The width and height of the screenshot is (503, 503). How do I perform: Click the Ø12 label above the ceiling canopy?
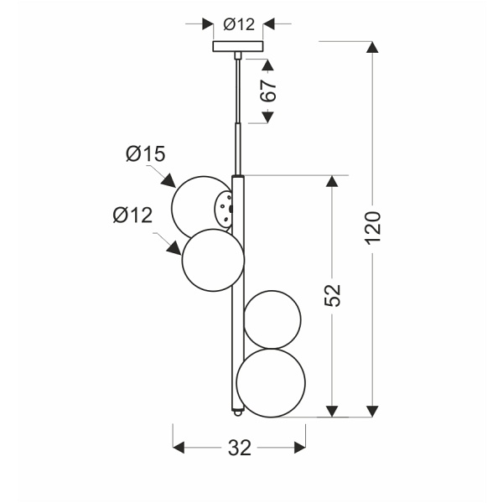pyautogui.click(x=239, y=24)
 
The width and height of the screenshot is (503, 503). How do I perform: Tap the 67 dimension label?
pyautogui.click(x=268, y=91)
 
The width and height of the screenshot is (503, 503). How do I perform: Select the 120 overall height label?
pyautogui.click(x=373, y=228)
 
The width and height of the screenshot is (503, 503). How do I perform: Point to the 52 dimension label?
pyautogui.click(x=332, y=295)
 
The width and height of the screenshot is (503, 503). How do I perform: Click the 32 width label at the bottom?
pyautogui.click(x=240, y=448)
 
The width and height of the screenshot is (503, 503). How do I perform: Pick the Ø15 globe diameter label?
pyautogui.click(x=146, y=153)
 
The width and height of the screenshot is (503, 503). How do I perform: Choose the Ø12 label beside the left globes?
pyautogui.click(x=132, y=215)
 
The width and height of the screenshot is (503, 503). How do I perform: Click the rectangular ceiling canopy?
pyautogui.click(x=238, y=46)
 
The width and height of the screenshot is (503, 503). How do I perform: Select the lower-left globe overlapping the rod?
pyautogui.click(x=213, y=260)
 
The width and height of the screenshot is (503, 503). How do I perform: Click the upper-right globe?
pyautogui.click(x=272, y=319)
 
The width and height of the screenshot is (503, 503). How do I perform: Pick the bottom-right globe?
pyautogui.click(x=271, y=383)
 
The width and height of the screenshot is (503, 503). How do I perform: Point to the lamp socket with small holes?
pyautogui.click(x=223, y=209)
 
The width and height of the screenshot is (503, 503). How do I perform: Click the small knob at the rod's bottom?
pyautogui.click(x=237, y=412)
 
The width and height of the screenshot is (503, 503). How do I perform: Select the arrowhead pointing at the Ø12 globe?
pyautogui.click(x=174, y=248)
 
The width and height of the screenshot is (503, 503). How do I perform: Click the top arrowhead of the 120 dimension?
pyautogui.click(x=372, y=47)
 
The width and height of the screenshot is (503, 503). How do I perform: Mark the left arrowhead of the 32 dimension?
pyautogui.click(x=179, y=448)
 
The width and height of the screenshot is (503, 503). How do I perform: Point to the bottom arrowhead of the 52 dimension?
pyautogui.click(x=332, y=412)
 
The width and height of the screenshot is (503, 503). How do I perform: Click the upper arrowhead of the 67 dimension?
pyautogui.click(x=268, y=65)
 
